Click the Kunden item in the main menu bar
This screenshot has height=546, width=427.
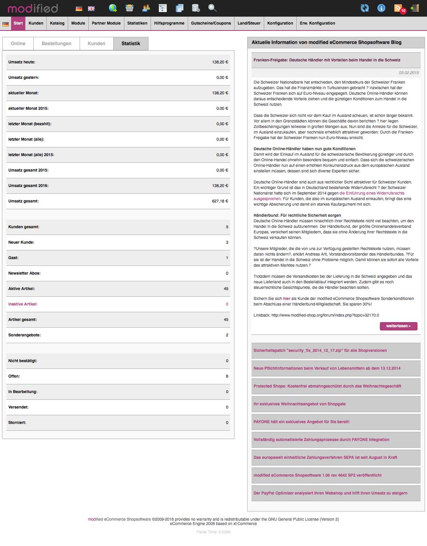tap(36, 23)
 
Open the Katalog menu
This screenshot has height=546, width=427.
tap(57, 23)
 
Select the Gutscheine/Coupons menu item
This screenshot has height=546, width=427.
tap(211, 23)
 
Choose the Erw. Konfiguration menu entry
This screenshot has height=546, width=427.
tap(317, 23)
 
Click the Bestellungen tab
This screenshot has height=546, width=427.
tap(56, 44)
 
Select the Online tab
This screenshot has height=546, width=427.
tap(18, 44)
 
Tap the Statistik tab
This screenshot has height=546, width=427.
tap(131, 44)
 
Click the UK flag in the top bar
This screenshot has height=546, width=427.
tap(91, 8)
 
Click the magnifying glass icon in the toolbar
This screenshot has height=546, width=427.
tap(212, 8)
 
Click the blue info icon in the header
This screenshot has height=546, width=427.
tap(381, 8)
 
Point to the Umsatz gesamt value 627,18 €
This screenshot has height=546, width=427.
tap(220, 201)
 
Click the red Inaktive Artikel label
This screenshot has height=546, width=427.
tap(23, 304)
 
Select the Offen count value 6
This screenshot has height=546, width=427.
tap(227, 376)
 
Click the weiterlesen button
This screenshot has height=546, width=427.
tap(398, 326)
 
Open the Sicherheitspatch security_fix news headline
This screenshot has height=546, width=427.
tap(320, 351)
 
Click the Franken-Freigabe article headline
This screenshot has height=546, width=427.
tap(327, 60)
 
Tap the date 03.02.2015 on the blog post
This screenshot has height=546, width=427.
tap(409, 73)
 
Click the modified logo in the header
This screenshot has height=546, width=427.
tap(33, 8)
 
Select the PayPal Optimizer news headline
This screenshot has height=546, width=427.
tap(330, 493)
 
